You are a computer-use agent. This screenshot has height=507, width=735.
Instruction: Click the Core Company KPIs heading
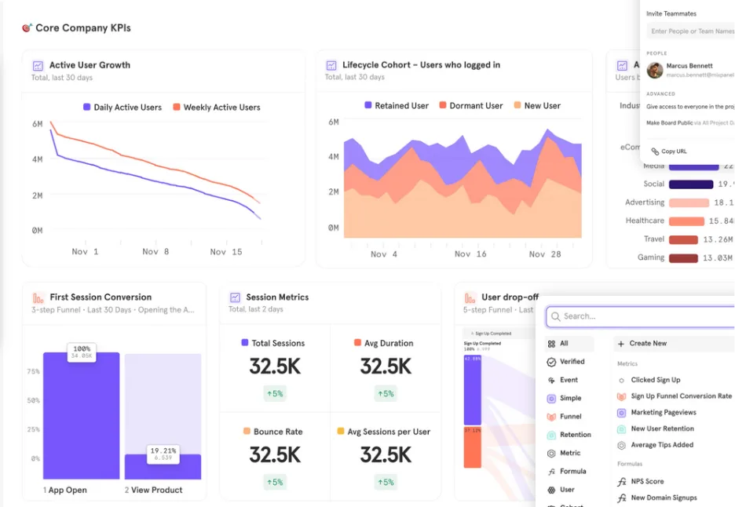pyautogui.click(x=82, y=28)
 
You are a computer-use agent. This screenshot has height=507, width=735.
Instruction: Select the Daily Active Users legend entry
pyautogui.click(x=126, y=108)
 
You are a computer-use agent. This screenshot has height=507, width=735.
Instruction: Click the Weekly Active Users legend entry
pyautogui.click(x=221, y=108)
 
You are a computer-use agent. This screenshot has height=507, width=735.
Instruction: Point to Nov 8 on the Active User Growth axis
pyautogui.click(x=155, y=252)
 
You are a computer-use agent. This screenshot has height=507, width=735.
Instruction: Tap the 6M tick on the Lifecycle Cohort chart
pyautogui.click(x=333, y=122)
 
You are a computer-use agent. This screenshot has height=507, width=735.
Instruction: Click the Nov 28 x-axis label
pyautogui.click(x=545, y=254)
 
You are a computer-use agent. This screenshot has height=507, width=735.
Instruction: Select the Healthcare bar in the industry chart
pyautogui.click(x=686, y=221)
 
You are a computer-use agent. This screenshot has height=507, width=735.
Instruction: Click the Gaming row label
pyautogui.click(x=650, y=257)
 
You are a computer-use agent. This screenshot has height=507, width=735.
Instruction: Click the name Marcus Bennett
pyautogui.click(x=689, y=66)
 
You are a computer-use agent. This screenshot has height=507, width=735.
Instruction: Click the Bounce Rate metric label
pyautogui.click(x=277, y=432)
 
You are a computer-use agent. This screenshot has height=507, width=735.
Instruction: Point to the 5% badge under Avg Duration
pyautogui.click(x=386, y=394)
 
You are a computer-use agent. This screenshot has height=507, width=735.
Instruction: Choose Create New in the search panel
pyautogui.click(x=648, y=344)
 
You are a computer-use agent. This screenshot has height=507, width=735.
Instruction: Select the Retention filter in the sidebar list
pyautogui.click(x=575, y=435)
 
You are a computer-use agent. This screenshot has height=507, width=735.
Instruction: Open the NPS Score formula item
pyautogui.click(x=647, y=481)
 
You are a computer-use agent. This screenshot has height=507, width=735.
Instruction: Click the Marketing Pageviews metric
pyautogui.click(x=663, y=412)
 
